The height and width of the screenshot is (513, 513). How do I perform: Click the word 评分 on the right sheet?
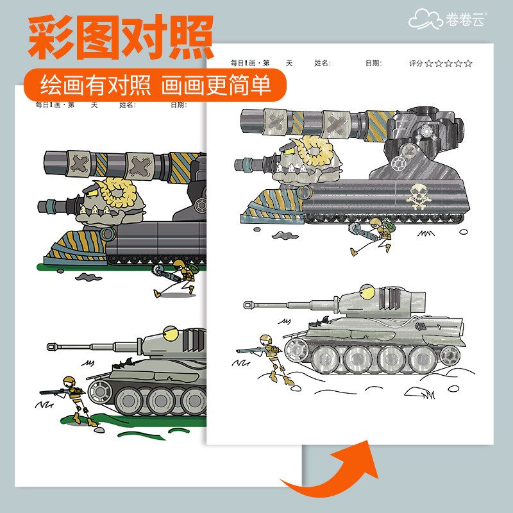(x=416, y=63)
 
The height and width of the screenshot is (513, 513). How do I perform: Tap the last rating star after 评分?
(x=468, y=63)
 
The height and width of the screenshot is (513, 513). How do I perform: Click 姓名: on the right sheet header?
(x=323, y=63)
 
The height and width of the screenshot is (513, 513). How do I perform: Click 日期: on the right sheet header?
(x=373, y=63)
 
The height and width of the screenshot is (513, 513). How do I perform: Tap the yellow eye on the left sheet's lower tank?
(x=169, y=333)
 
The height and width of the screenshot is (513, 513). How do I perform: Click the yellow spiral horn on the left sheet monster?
(x=119, y=191)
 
